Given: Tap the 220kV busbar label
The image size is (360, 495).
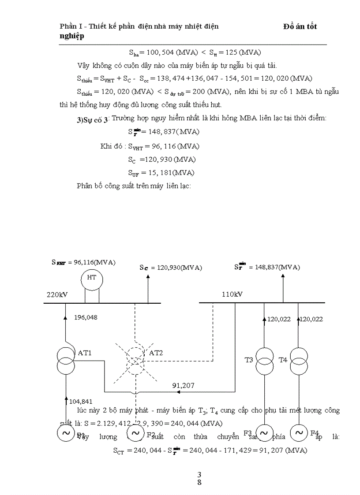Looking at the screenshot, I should click(57, 294).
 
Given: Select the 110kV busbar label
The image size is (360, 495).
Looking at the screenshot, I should click(232, 294).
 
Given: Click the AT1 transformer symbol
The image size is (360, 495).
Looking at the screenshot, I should click(65, 361).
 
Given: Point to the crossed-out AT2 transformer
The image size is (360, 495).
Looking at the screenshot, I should click(135, 360).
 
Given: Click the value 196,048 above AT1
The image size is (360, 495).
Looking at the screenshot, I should click(86, 317).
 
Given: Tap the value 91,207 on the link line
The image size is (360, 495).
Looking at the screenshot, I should click(184, 385).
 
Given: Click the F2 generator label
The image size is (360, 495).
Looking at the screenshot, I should click(151, 435).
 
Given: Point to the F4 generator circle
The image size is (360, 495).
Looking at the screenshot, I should click(299, 433).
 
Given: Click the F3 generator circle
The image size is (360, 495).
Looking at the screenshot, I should click(264, 433).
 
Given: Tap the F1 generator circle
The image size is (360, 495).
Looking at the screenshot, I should click(65, 433).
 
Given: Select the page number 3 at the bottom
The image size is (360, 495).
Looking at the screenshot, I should click(199, 474).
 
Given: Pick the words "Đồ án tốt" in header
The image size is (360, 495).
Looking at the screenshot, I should click(300, 26).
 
